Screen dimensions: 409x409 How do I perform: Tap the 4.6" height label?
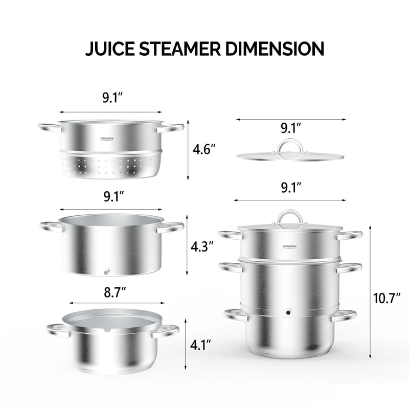203,150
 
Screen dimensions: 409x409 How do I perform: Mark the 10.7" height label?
385,298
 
